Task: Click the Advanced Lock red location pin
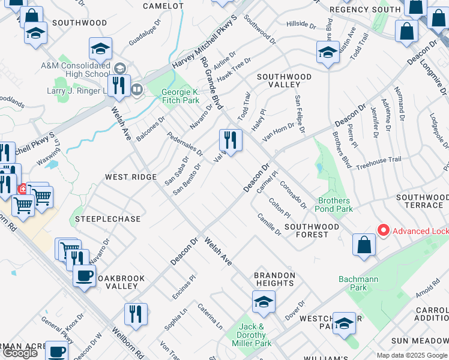pos(382,230)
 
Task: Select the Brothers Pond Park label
pos(336,205)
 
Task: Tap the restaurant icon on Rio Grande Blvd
pos(231,142)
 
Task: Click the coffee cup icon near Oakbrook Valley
pos(84,276)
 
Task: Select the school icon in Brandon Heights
pos(263,302)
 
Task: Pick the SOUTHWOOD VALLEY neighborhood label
pos(285,81)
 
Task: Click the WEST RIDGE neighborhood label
pos(131,177)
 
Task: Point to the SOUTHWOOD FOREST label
pos(312,230)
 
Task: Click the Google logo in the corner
pos(20,353)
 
